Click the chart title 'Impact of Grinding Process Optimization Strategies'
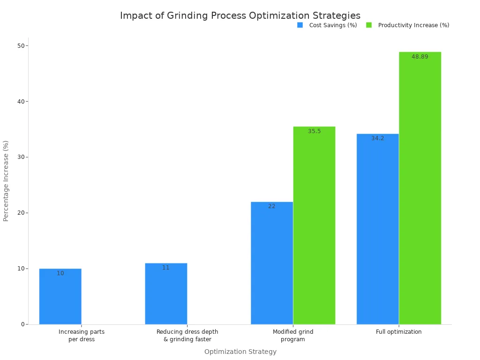(x=240, y=15)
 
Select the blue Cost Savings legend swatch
(x=300, y=25)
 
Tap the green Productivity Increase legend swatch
(x=369, y=25)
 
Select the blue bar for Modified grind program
(x=272, y=263)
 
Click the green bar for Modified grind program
(x=314, y=225)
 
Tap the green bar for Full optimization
(x=420, y=188)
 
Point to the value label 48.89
(x=420, y=57)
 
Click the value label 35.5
(x=314, y=131)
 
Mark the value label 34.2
(x=377, y=138)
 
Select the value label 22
(x=272, y=206)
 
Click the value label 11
(x=166, y=268)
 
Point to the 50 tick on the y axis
(x=21, y=45)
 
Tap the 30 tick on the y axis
(x=21, y=157)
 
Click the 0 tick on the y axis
(x=22, y=324)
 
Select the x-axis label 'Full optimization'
(x=398, y=332)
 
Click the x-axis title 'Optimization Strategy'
(x=240, y=352)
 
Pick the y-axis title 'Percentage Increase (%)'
(x=6, y=180)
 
